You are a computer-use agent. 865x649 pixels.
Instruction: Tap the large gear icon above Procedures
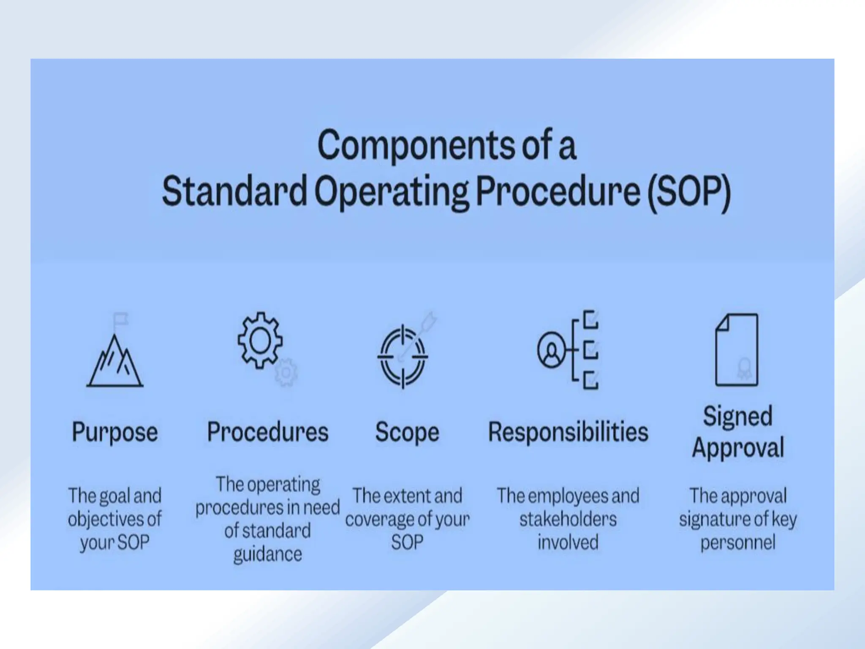[x=260, y=340]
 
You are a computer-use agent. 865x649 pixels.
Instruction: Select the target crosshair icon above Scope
[x=403, y=356]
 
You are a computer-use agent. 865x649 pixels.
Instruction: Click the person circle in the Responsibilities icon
[x=551, y=350]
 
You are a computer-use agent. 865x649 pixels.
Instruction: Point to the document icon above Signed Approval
[x=737, y=350]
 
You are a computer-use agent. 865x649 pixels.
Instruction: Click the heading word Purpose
[x=115, y=432]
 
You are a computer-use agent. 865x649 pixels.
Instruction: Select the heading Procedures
[x=268, y=432]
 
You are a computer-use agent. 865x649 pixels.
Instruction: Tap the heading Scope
[x=407, y=432]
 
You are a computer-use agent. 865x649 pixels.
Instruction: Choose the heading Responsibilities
[x=568, y=432]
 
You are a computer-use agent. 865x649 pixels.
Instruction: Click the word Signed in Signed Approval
[x=738, y=417]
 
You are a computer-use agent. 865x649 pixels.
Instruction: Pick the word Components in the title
[x=416, y=146]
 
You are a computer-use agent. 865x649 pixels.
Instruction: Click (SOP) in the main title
[x=689, y=191]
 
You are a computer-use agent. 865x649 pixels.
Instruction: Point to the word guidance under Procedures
[x=268, y=554]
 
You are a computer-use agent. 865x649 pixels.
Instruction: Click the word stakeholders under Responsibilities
[x=568, y=519]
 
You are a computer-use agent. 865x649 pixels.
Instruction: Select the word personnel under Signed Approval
[x=738, y=543]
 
